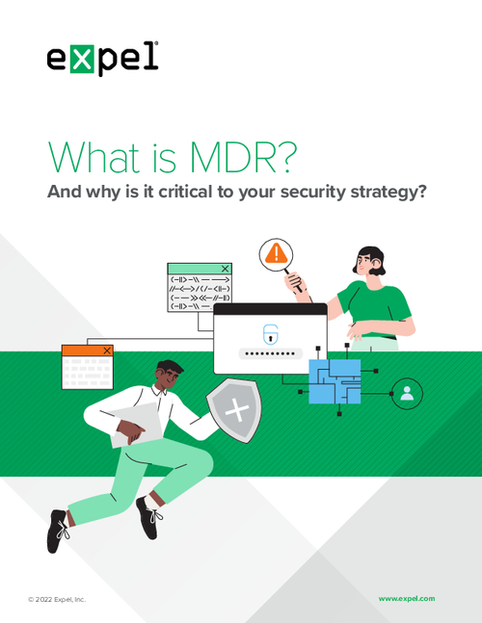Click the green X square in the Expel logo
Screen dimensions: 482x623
[82, 59]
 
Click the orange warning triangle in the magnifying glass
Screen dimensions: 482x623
[276, 253]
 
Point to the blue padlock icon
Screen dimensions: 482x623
[271, 334]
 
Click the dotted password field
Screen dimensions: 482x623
[271, 353]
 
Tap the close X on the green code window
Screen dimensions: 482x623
[225, 269]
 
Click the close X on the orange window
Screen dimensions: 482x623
[107, 350]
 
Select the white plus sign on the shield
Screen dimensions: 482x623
[237, 410]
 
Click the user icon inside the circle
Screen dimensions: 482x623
[407, 394]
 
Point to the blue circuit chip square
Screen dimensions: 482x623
[335, 381]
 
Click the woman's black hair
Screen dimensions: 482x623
[372, 259]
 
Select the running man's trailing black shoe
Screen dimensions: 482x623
[57, 532]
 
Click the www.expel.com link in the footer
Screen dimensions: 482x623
[407, 598]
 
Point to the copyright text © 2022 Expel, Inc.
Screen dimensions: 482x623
[57, 599]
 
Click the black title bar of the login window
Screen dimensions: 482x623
[271, 309]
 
